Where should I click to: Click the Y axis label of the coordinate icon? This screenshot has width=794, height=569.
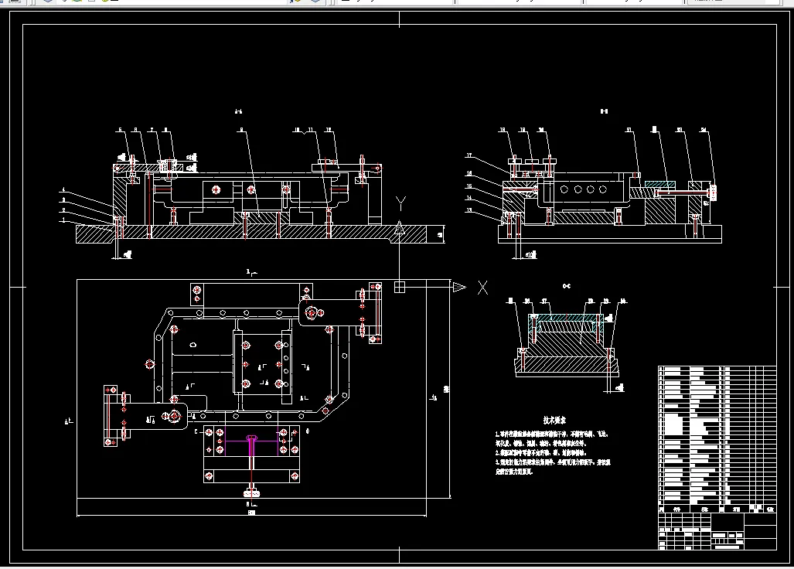(400, 204)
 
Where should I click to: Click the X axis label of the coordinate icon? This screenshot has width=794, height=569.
(482, 288)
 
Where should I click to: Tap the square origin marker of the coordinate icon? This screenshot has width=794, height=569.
(400, 288)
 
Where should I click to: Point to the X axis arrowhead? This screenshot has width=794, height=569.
(458, 288)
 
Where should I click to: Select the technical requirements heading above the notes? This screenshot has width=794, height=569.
(554, 421)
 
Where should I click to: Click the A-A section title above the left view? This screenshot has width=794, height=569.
(239, 113)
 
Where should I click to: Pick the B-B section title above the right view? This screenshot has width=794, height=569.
(604, 112)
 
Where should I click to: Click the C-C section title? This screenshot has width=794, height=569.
(567, 286)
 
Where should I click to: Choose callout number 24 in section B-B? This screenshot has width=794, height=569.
(703, 130)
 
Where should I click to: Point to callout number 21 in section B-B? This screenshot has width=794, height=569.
(629, 130)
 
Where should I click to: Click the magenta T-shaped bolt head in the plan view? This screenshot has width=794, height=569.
(253, 439)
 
